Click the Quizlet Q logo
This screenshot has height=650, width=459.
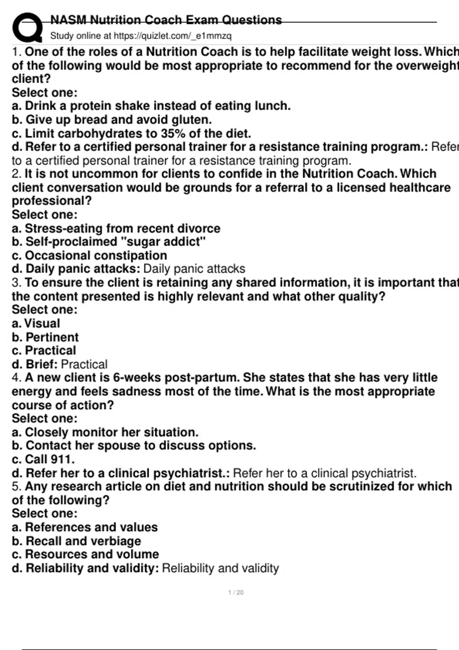27,28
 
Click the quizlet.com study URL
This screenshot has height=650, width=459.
173,36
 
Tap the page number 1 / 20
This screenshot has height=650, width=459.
236,592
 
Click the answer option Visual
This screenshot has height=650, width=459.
42,323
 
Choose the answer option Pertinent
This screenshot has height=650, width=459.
52,337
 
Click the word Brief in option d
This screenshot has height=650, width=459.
41,364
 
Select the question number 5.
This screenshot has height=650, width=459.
16,486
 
